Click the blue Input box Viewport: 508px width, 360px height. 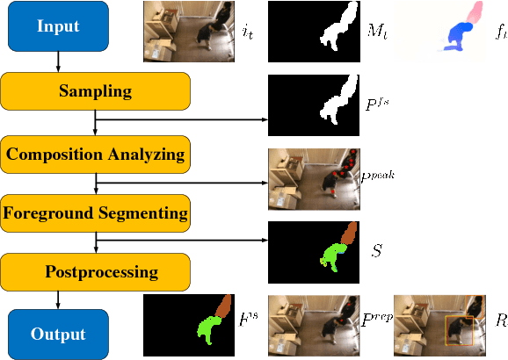click(x=57, y=25)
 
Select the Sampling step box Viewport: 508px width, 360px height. click(x=95, y=91)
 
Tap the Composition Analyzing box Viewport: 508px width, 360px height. click(x=95, y=155)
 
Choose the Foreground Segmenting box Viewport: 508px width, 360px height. click(x=95, y=212)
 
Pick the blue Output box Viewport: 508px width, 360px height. click(x=57, y=334)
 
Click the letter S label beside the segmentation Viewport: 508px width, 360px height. click(x=376, y=251)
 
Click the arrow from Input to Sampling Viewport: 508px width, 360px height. click(x=57, y=61)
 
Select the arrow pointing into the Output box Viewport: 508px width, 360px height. click(x=57, y=299)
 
